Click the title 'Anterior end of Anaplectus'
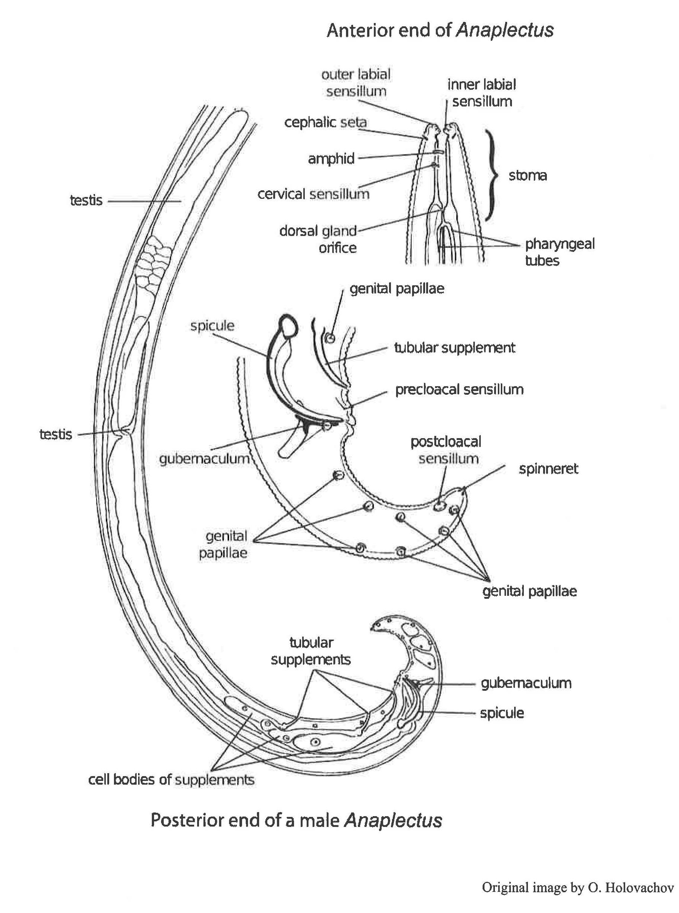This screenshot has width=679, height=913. [440, 30]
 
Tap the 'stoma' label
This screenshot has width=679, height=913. [528, 176]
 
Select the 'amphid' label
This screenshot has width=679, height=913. [331, 158]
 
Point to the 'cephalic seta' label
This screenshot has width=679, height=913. [326, 122]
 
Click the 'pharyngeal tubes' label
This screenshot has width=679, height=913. [559, 252]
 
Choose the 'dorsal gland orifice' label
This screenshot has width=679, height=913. [318, 239]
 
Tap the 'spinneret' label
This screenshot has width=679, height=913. [548, 469]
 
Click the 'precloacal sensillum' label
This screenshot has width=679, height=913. [459, 390]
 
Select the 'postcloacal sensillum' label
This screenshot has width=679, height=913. [446, 450]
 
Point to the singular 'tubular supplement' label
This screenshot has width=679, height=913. [454, 348]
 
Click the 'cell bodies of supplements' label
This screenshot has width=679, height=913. [172, 779]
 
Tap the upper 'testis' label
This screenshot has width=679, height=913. [86, 201]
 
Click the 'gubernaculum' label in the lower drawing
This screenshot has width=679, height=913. [526, 683]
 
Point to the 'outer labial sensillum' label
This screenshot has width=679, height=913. [356, 83]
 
